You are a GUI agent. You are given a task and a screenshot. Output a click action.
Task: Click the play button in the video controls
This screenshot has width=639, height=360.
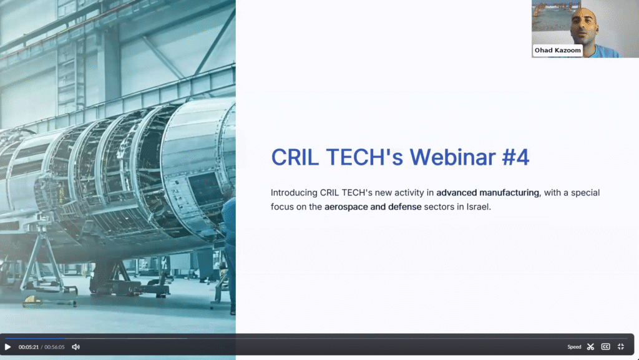pyautogui.click(x=7, y=347)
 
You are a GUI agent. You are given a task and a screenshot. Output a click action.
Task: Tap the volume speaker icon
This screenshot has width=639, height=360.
pyautogui.click(x=76, y=347)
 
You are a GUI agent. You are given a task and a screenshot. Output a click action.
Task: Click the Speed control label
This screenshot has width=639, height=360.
pyautogui.click(x=574, y=347)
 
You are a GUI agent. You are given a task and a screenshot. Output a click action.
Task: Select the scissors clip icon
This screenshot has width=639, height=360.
pyautogui.click(x=590, y=347)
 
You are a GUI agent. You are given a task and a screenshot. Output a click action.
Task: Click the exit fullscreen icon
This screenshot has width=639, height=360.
pyautogui.click(x=621, y=347)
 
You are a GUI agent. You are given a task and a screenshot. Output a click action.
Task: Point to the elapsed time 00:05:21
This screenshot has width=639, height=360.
pyautogui.click(x=29, y=348)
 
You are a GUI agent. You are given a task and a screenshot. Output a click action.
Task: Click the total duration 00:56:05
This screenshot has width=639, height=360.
pyautogui.click(x=55, y=348)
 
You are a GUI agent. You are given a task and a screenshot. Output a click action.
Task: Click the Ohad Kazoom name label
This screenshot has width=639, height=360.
pyautogui.click(x=557, y=51)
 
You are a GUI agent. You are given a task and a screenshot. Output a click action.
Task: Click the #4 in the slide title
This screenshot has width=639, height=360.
pyautogui.click(x=516, y=157)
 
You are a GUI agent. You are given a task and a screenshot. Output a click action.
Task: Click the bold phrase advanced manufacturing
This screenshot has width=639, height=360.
pyautogui.click(x=488, y=193)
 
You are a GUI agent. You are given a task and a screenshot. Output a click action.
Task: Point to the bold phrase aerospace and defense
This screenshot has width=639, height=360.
pyautogui.click(x=373, y=207)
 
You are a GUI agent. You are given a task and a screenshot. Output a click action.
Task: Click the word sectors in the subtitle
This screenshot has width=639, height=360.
pyautogui.click(x=438, y=207)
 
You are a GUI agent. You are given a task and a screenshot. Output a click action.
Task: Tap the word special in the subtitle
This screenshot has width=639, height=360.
pyautogui.click(x=585, y=193)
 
